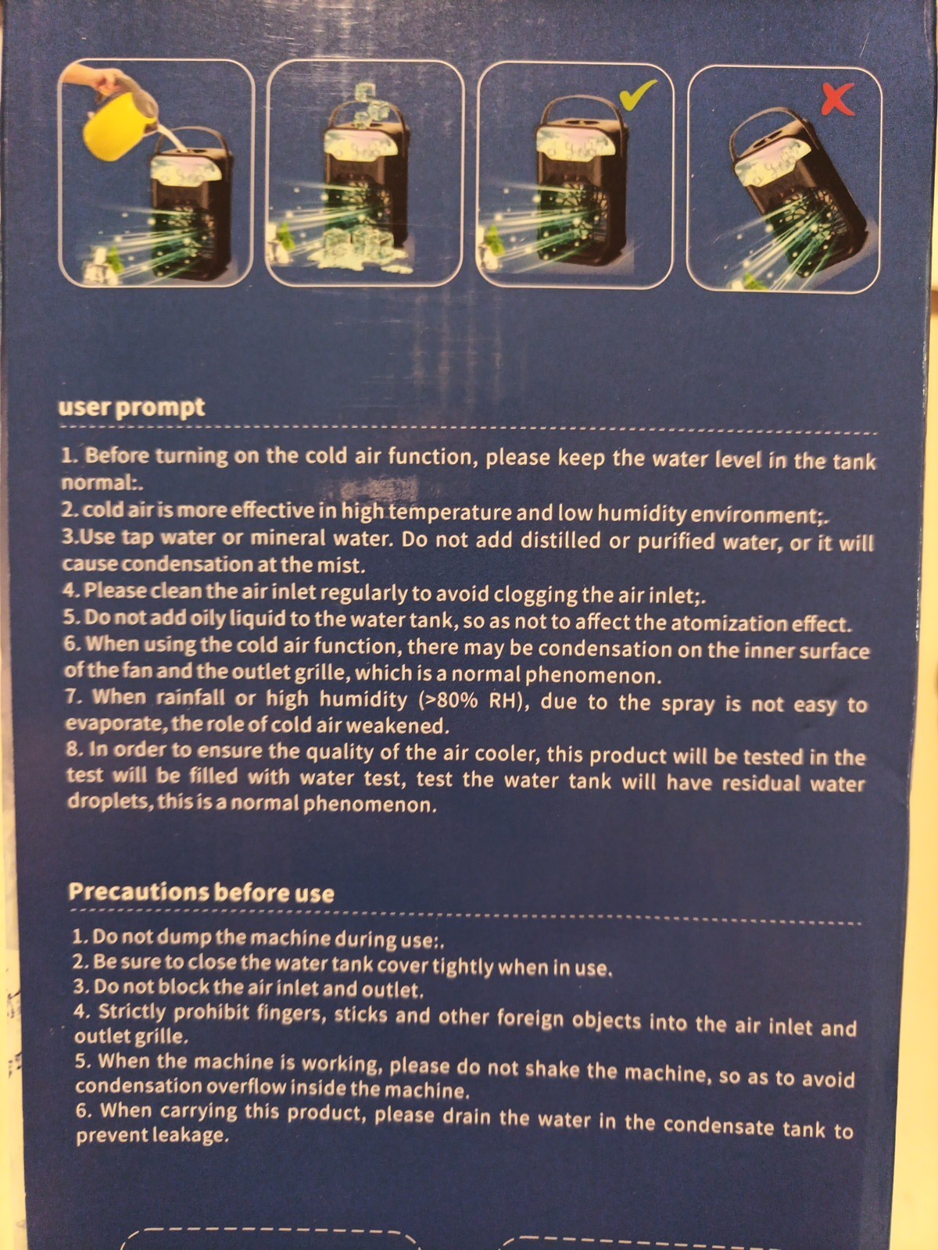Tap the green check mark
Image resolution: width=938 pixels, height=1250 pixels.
click(x=637, y=94)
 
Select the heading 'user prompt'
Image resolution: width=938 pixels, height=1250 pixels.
click(x=131, y=409)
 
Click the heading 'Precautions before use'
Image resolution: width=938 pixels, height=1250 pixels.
click(x=201, y=892)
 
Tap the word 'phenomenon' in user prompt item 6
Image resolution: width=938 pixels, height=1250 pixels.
click(x=593, y=676)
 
